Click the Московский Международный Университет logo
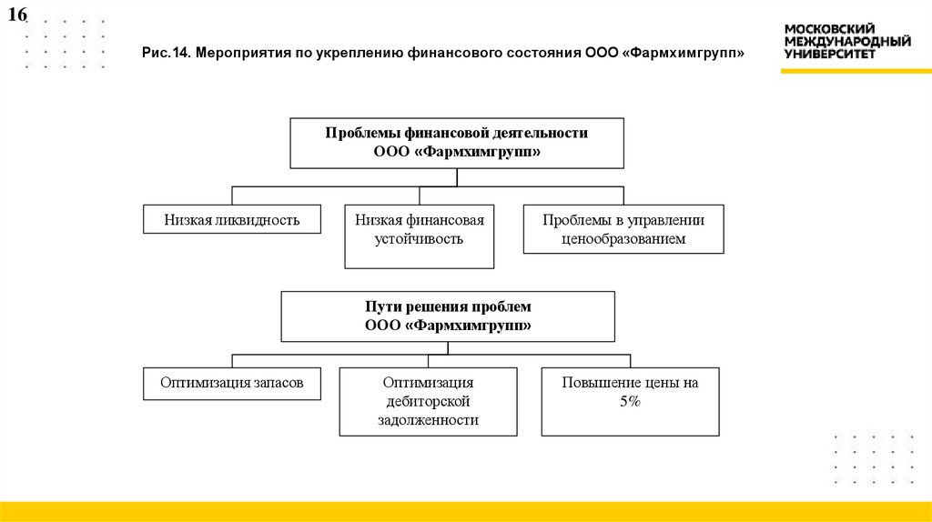[847, 42]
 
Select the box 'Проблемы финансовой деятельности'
[457, 143]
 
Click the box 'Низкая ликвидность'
[232, 220]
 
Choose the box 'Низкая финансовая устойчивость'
[420, 236]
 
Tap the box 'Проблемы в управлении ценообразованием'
[623, 229]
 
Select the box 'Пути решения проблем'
[448, 316]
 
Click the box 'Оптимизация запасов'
[231, 384]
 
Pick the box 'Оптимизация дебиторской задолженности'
[428, 401]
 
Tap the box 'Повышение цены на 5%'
[630, 401]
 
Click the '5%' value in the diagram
[630, 402]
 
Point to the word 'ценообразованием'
[623, 239]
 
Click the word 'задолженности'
[428, 420]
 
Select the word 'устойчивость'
[420, 239]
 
